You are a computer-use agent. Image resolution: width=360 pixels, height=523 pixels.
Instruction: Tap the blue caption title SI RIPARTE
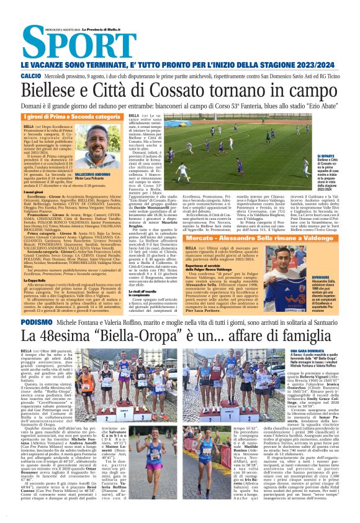[326, 157]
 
